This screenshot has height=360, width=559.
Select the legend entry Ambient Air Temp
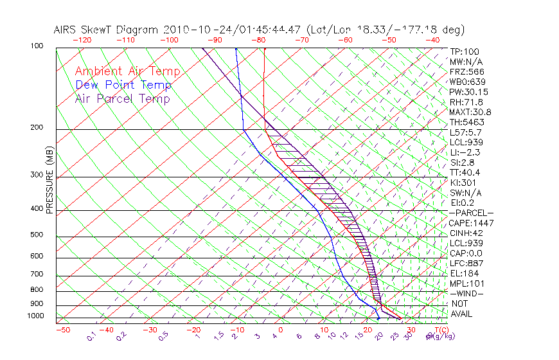click(127, 71)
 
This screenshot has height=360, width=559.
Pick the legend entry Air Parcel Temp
click(122, 98)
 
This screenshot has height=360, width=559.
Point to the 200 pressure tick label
click(37, 127)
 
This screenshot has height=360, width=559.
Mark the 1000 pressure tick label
click(35, 316)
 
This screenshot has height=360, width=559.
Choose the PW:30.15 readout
click(466, 92)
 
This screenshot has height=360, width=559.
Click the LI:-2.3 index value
click(465, 152)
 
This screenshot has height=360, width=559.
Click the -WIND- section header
click(466, 293)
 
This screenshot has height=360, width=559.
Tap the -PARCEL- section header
click(471, 213)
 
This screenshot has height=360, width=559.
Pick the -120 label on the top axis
click(82, 40)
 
